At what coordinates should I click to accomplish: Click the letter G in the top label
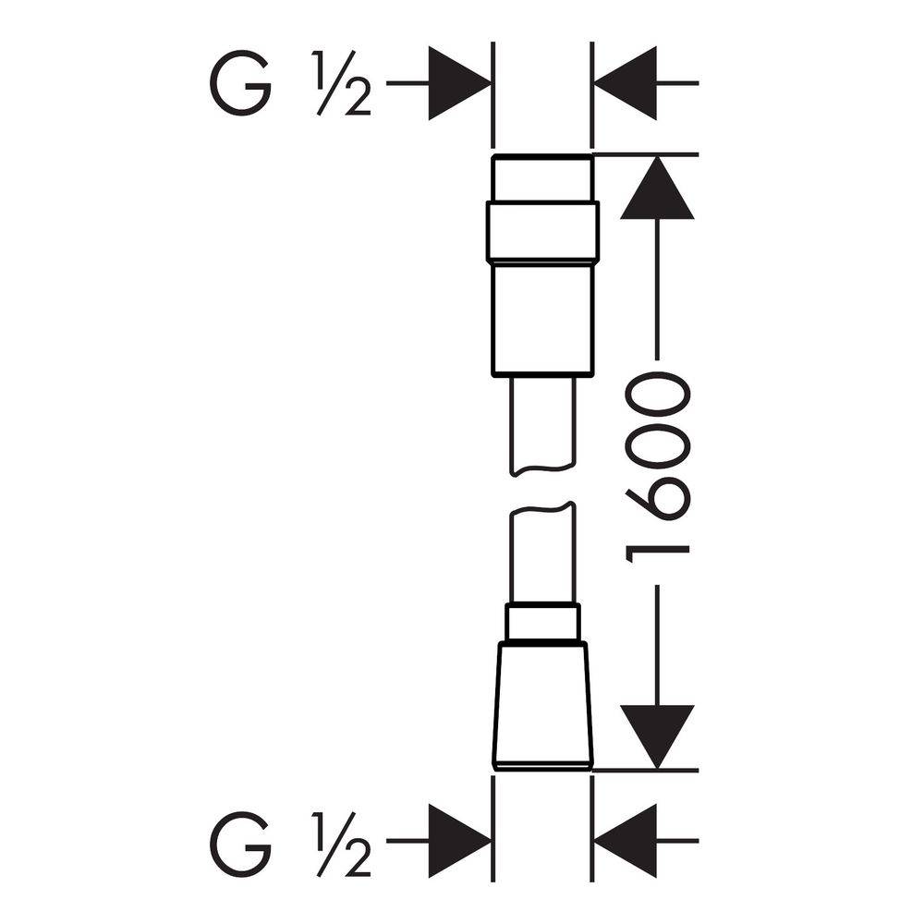click(240, 84)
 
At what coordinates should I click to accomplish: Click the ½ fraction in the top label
click(342, 84)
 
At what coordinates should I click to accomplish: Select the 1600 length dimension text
click(656, 471)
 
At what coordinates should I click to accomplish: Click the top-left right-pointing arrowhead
click(459, 84)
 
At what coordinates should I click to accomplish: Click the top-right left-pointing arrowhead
click(625, 84)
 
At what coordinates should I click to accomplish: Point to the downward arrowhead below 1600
click(657, 737)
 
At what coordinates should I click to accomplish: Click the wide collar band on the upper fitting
click(542, 232)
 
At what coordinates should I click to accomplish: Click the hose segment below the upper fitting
click(541, 425)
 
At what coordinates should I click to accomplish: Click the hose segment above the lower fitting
click(541, 553)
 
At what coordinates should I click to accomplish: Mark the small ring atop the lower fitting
click(542, 623)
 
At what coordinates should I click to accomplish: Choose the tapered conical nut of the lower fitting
click(542, 705)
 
